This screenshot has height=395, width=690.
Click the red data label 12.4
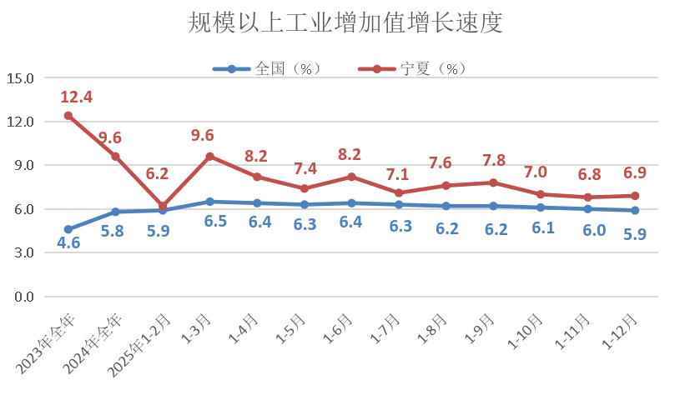76,97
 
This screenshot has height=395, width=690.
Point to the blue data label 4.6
68,244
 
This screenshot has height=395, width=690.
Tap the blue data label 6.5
210,224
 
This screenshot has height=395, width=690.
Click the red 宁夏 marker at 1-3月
210,157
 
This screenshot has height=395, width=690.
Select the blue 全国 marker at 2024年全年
115,212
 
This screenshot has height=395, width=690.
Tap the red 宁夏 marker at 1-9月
494,182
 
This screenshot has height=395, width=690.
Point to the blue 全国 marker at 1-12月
636,210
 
